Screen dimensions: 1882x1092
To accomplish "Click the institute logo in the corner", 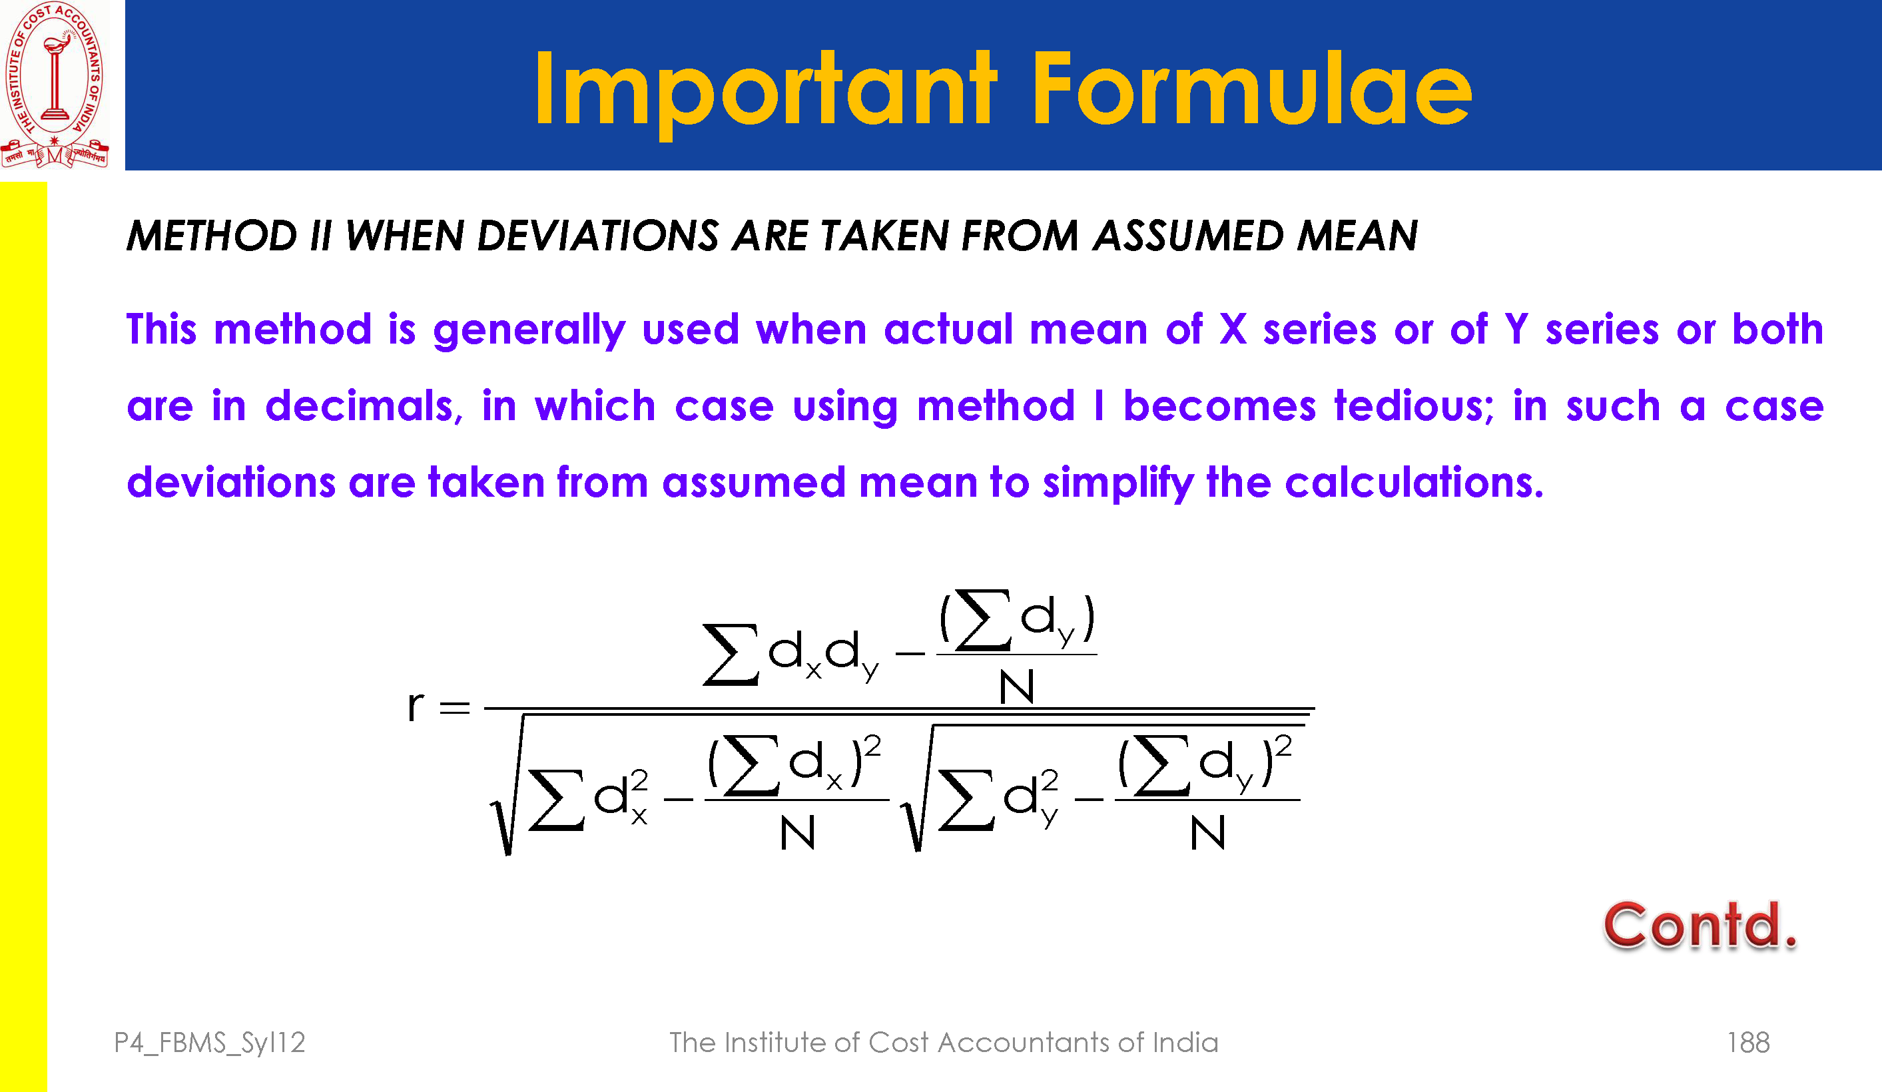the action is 55,85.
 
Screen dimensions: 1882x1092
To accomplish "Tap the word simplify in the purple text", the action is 1118,483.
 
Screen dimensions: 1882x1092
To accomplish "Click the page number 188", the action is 1747,1043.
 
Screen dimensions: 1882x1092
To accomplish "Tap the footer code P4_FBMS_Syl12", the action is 210,1043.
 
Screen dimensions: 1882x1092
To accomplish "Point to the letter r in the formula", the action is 416,706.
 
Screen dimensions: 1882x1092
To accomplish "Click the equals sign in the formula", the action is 455,707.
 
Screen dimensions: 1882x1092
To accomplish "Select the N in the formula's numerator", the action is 1016,686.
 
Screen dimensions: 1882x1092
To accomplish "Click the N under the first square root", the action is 797,833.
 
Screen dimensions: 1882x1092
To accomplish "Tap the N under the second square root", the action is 1207,833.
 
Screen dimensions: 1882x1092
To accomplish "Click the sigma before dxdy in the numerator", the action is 731,655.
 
